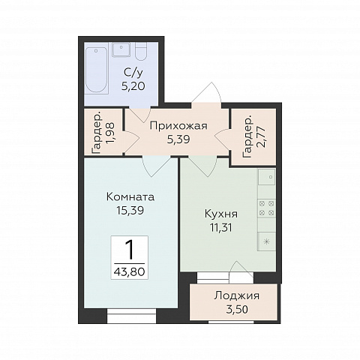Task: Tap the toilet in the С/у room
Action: (x=141, y=51)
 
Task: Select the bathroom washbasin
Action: (x=121, y=49)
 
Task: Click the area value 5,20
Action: (x=133, y=86)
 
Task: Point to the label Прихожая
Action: (x=178, y=126)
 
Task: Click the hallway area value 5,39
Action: (x=178, y=139)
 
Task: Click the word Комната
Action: (x=130, y=197)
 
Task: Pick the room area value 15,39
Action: (x=130, y=211)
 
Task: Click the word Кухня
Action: (x=221, y=214)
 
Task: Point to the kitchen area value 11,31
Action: (x=221, y=228)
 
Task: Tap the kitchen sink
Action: (x=267, y=177)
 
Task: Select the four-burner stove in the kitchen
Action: (x=266, y=208)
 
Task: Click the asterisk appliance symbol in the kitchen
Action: (x=267, y=241)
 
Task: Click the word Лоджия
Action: (x=237, y=295)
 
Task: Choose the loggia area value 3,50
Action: (x=237, y=310)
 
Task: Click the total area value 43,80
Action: (x=129, y=271)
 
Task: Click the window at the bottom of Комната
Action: (x=131, y=316)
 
